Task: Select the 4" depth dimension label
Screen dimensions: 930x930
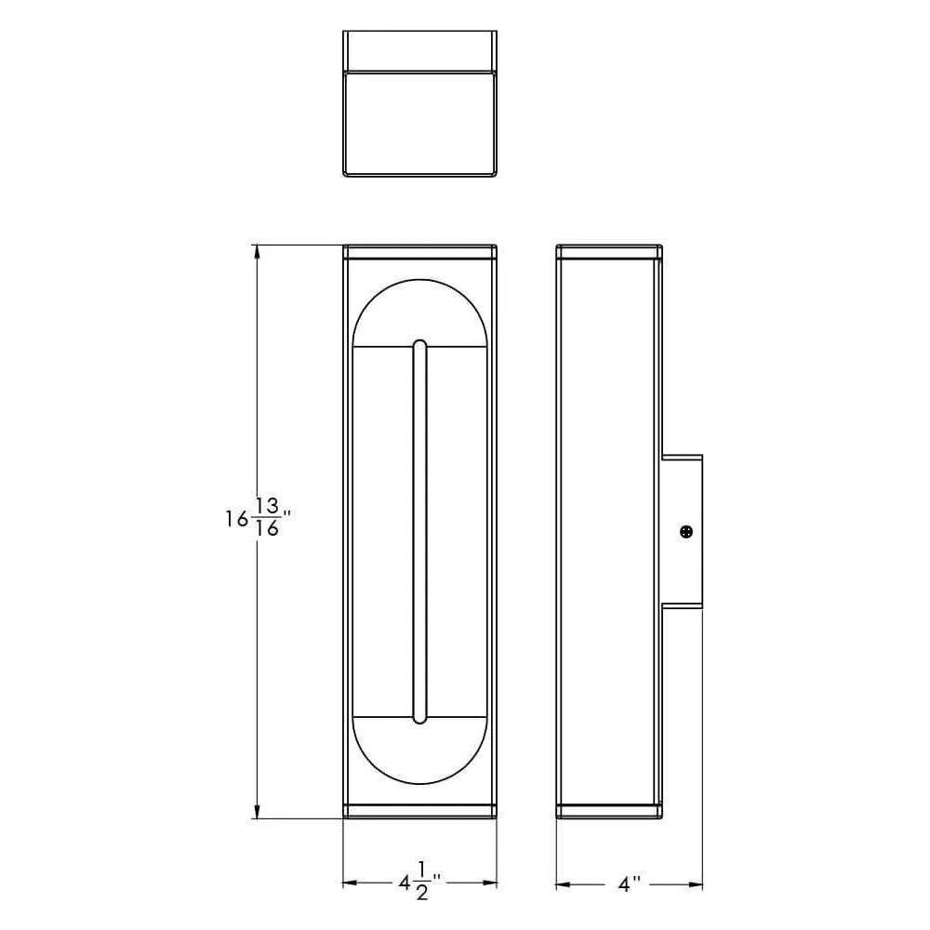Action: tap(631, 883)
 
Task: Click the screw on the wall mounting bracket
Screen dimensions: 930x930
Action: tap(686, 532)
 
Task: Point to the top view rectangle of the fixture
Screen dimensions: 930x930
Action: tap(419, 103)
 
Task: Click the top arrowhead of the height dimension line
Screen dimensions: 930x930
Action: tap(257, 252)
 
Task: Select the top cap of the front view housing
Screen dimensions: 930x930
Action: tap(419, 252)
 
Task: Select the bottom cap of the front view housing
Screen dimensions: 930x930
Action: tap(419, 811)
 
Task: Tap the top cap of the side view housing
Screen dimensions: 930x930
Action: tap(609, 252)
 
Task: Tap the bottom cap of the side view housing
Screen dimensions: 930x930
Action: tap(609, 811)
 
